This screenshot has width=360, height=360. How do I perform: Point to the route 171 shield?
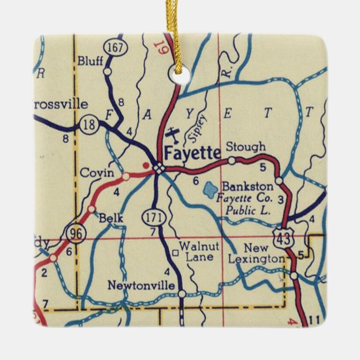(x=155, y=216)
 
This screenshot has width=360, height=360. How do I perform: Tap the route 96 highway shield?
(x=74, y=233)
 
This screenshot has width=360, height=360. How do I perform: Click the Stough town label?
(x=245, y=148)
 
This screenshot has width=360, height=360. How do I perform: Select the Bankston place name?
(x=248, y=186)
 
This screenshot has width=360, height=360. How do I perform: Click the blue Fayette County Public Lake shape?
(x=210, y=190)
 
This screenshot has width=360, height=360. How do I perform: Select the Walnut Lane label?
(x=200, y=252)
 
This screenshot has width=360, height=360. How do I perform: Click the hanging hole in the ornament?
(x=177, y=72)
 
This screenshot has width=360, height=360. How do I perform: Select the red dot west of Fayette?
(x=146, y=165)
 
